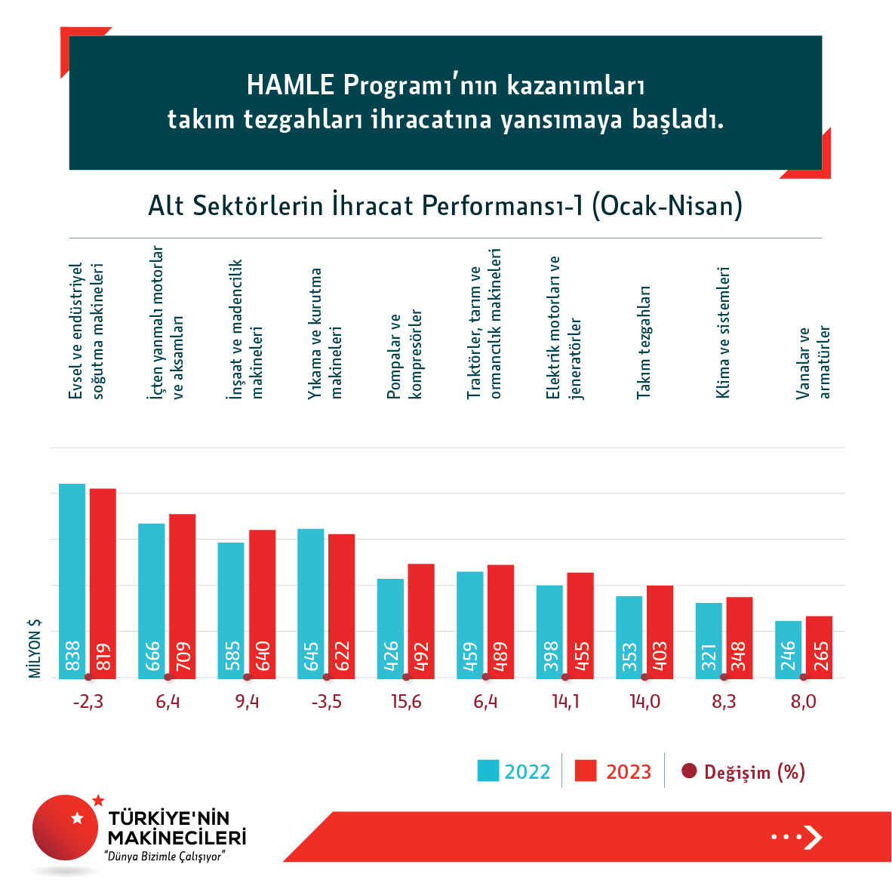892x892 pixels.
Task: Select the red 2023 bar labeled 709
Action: pos(182,595)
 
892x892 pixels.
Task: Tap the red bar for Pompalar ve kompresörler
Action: pos(421,620)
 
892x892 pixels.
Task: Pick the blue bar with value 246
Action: pos(789,649)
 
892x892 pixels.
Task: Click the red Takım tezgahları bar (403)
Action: pos(660,632)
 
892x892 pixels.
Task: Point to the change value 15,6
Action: pos(406,702)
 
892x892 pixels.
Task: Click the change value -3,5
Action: pos(326,702)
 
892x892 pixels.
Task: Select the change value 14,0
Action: pos(644,702)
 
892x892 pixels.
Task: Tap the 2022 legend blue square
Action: pos(488,771)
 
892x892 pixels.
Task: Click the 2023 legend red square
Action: pos(586,771)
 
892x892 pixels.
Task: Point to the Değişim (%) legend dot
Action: pos(688,771)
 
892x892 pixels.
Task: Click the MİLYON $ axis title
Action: pos(35,649)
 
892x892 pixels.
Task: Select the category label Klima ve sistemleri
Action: pos(723,332)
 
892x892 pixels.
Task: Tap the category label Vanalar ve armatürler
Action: pos(814,362)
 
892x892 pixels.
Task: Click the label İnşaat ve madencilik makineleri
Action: pos(246,329)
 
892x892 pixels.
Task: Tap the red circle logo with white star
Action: pos(66,828)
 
